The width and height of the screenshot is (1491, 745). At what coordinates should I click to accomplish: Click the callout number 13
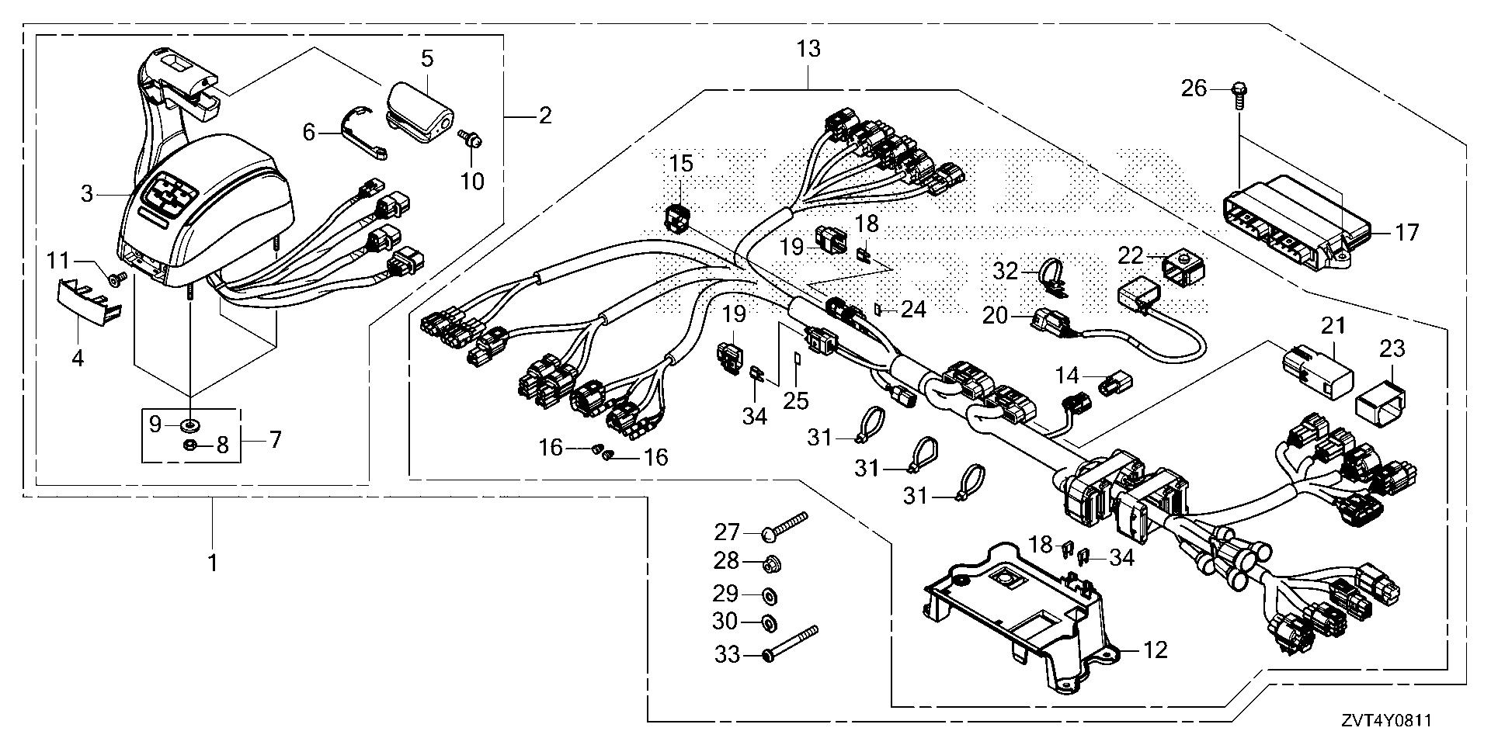click(x=808, y=50)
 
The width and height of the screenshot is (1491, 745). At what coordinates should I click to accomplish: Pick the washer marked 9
click(x=189, y=424)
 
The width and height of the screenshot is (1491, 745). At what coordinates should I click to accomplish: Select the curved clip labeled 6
click(x=361, y=137)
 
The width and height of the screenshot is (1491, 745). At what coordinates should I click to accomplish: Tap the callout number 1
click(x=212, y=563)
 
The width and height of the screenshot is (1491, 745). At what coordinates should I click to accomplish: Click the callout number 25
click(x=796, y=400)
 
